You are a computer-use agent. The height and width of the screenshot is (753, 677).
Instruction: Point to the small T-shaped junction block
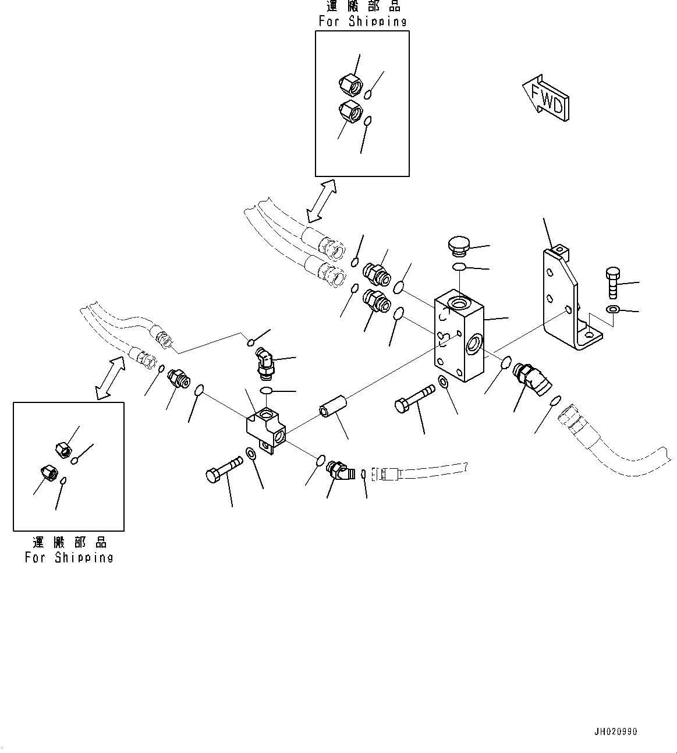tap(265, 430)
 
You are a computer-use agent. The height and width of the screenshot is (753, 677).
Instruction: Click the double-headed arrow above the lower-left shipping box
tap(111, 379)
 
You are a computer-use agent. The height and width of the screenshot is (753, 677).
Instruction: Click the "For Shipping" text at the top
tap(362, 22)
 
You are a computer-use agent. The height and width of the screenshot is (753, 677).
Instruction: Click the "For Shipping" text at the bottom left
tap(69, 557)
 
